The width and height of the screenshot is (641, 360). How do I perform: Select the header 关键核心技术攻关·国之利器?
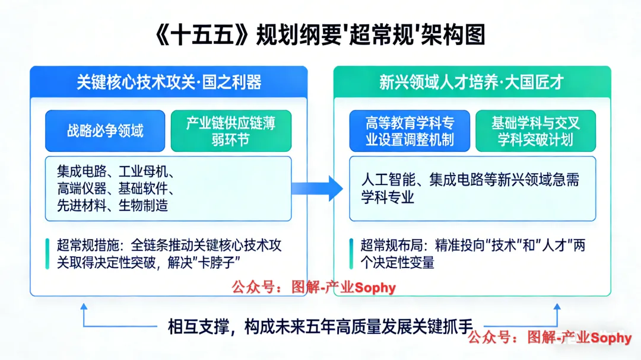[x=169, y=82]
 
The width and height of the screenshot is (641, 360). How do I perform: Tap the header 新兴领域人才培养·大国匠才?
[x=471, y=82]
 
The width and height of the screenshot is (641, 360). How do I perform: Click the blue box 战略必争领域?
[x=105, y=130]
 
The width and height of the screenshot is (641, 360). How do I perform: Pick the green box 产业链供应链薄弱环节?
[x=231, y=131]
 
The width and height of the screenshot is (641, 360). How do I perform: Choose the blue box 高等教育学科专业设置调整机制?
[x=410, y=131]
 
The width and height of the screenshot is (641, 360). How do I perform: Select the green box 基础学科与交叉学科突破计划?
[x=535, y=131]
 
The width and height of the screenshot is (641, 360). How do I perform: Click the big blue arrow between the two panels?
[x=317, y=188]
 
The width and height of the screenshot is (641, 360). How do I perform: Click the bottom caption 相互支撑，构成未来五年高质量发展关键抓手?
[x=320, y=327]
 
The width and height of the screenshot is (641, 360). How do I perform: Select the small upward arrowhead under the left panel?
[x=84, y=308]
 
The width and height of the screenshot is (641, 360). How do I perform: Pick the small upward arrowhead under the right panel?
[x=557, y=308]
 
